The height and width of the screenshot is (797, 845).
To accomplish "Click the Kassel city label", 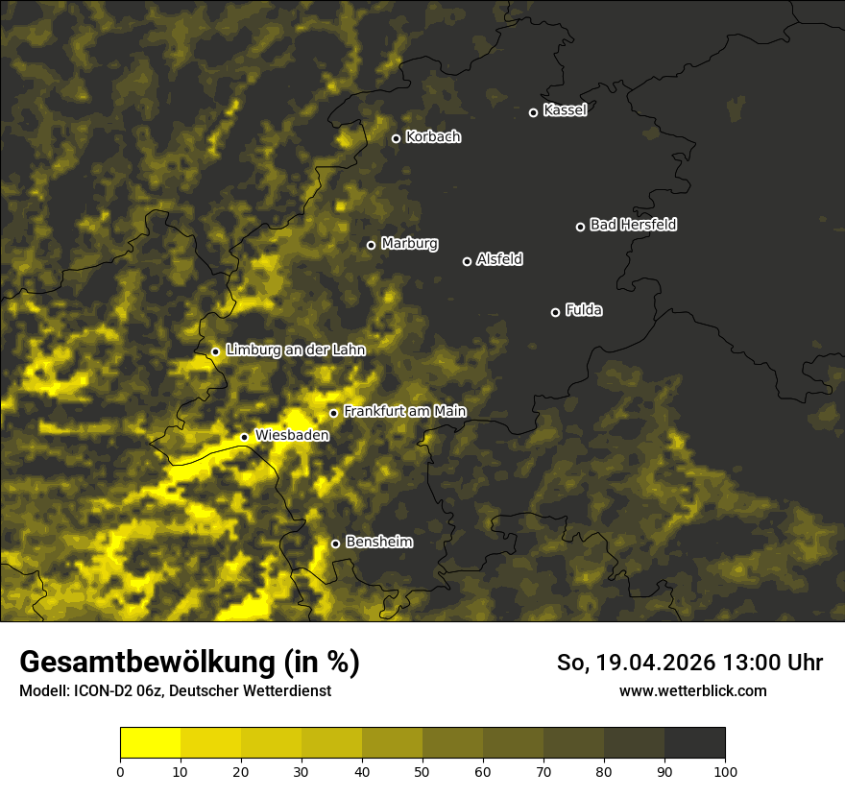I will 565,110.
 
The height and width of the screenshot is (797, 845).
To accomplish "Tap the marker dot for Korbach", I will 396,138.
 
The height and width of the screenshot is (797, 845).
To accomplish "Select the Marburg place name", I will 409,244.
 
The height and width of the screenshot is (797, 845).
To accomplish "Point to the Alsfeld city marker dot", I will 468,261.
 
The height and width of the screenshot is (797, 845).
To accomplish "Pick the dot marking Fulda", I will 555,312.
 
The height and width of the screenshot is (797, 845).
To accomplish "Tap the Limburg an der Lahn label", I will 295,350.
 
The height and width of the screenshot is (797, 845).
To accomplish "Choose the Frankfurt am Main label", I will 404,412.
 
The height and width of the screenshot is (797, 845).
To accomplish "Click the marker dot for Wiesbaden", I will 244,437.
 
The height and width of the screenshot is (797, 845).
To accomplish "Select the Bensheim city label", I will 378,543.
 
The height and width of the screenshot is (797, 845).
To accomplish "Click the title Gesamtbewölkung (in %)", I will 189,663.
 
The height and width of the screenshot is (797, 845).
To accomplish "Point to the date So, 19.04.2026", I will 633,663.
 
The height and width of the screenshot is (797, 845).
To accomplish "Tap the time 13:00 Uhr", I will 768,663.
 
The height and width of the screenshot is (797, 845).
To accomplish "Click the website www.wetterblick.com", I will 692,690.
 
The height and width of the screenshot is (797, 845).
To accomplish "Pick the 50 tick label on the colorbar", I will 422,770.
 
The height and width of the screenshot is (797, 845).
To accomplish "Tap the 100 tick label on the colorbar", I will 725,770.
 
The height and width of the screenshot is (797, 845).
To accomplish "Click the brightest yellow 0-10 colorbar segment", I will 151,743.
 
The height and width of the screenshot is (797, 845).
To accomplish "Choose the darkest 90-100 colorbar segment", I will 695,743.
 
